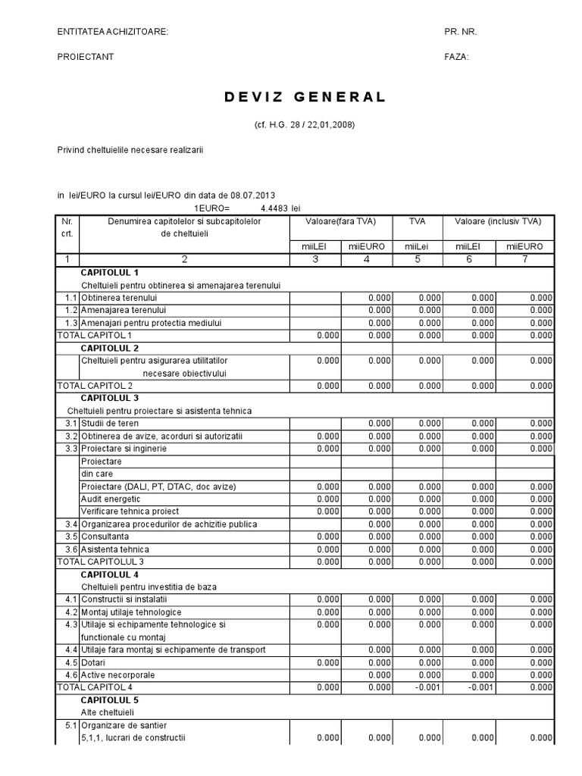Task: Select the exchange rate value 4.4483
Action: coord(276,208)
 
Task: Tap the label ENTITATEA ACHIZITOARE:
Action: coord(113,32)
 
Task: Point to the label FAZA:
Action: coord(457,57)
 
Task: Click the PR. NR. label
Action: coord(461,32)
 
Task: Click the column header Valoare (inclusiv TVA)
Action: coord(498,221)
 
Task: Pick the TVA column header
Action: coord(417,221)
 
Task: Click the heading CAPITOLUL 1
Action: coord(110,272)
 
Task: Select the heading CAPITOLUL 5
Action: coord(110,700)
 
